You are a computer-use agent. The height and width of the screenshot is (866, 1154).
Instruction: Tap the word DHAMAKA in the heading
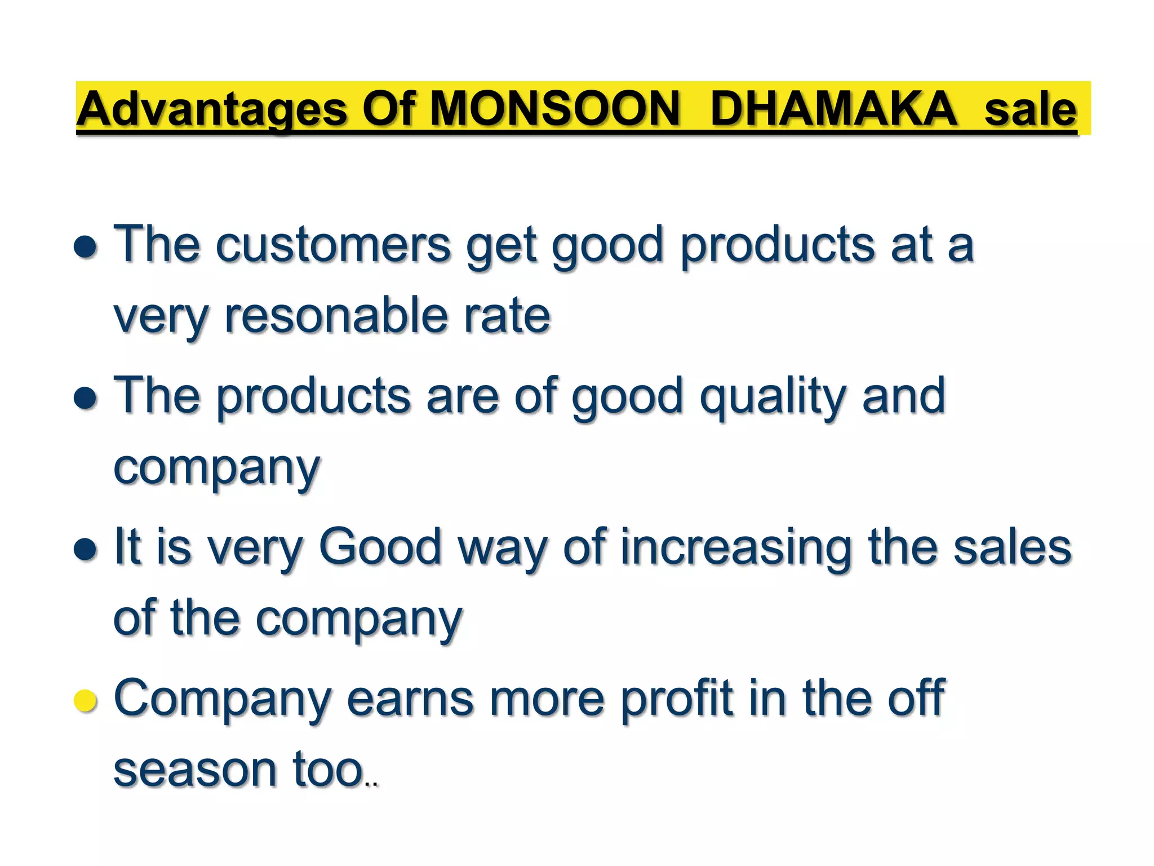pyautogui.click(x=834, y=109)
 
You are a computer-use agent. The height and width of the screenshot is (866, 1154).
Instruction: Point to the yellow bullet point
pyautogui.click(x=86, y=701)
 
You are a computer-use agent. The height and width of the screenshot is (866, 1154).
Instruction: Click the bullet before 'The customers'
pyautogui.click(x=86, y=247)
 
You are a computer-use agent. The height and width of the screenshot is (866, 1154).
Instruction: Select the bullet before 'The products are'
pyautogui.click(x=86, y=398)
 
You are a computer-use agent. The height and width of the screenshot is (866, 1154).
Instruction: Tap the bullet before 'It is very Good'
pyautogui.click(x=86, y=549)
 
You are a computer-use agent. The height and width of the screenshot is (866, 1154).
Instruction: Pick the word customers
pyautogui.click(x=333, y=245)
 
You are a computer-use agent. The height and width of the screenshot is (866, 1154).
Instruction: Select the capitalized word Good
pyautogui.click(x=380, y=547)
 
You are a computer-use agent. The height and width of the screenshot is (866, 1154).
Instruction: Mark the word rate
pyautogui.click(x=507, y=316)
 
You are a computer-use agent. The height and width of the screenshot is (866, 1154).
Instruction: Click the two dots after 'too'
pyautogui.click(x=371, y=784)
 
